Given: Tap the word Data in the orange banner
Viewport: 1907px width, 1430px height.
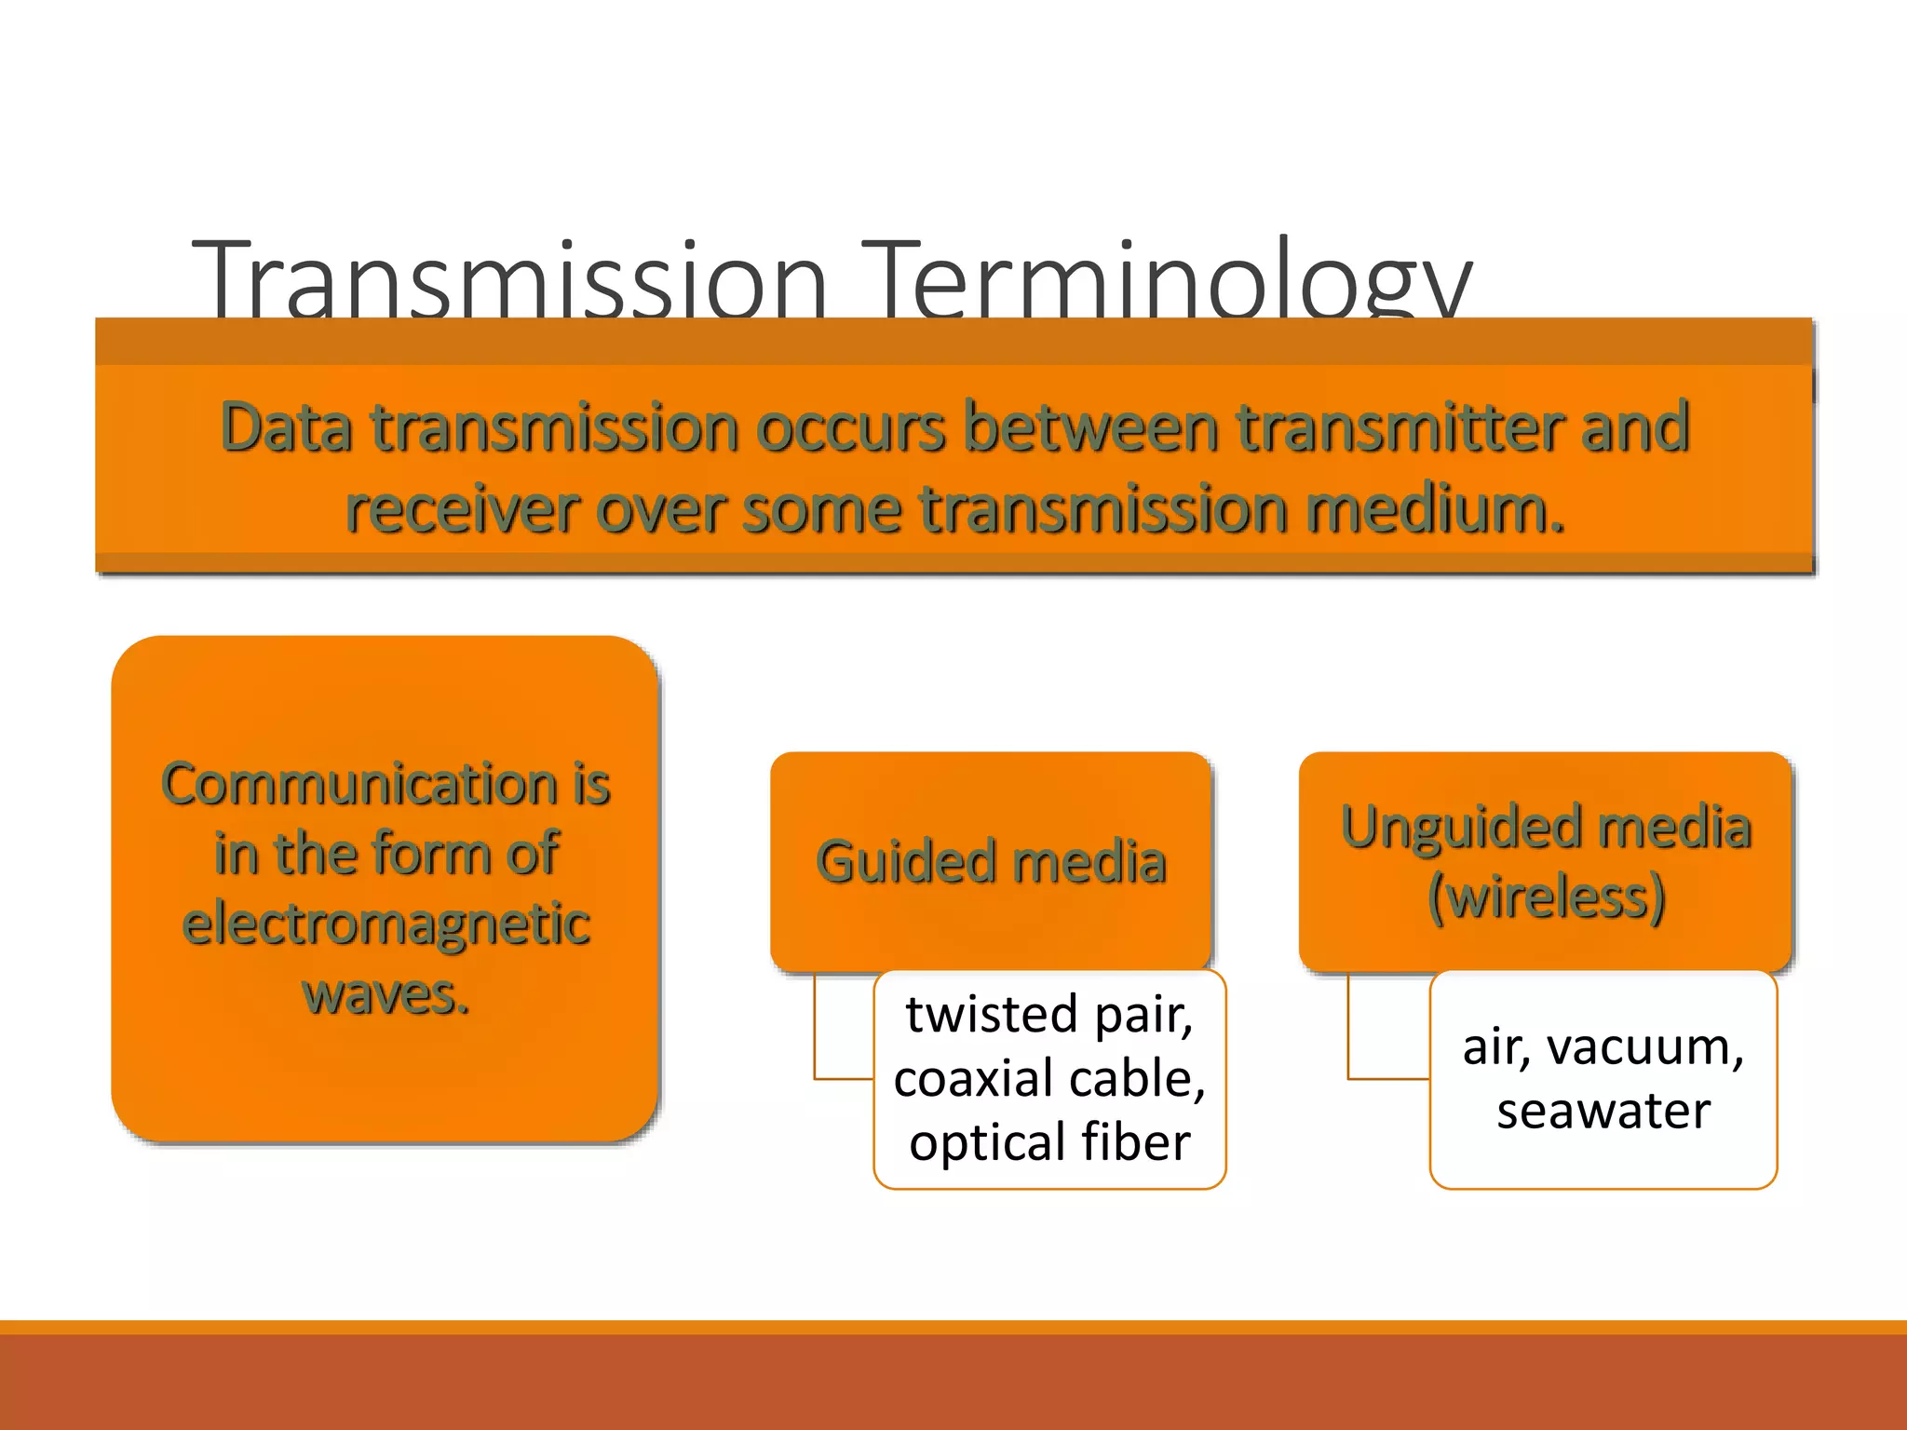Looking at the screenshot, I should (x=287, y=427).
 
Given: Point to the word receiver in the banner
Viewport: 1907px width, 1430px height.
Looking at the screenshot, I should (x=462, y=510).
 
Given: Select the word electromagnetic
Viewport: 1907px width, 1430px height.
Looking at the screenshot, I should (x=385, y=924).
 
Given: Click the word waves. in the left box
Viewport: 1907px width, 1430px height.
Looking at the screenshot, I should (x=385, y=993).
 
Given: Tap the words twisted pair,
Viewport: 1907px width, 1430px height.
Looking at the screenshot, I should (x=1049, y=1014).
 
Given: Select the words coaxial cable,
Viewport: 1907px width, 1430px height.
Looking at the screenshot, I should (x=1049, y=1078).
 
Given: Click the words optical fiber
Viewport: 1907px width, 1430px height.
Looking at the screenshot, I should (x=1049, y=1142).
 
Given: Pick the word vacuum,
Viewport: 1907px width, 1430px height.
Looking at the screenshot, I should (x=1645, y=1046).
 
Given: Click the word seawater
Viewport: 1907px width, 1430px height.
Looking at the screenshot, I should (x=1603, y=1111).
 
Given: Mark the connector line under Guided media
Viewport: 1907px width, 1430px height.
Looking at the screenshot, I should (x=816, y=1033).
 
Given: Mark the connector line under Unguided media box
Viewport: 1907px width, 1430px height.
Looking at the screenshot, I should (x=1349, y=1033).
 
